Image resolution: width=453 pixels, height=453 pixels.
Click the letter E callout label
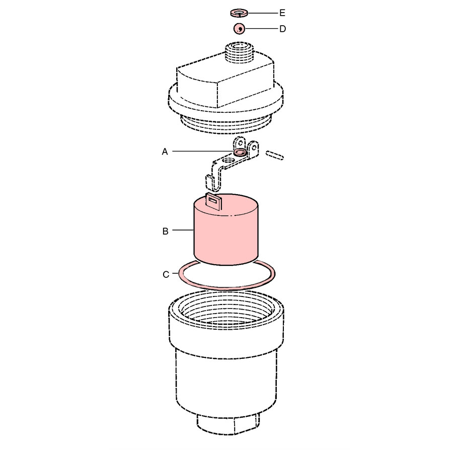pos(282,13)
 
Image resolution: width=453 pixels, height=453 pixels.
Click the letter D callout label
pos(282,29)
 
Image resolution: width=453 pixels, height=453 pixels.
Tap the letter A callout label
pos(165,152)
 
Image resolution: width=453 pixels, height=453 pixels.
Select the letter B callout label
pos(165,232)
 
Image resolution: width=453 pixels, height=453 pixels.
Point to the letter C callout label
pos(166,274)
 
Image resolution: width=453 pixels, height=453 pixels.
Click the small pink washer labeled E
pos(239,13)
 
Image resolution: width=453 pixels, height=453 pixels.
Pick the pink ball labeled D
pos(239,29)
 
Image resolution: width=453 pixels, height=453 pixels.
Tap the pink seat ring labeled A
pos(240,152)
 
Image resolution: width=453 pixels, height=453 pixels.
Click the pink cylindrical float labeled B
pos(226,231)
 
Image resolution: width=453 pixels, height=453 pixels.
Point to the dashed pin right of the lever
pos(275,155)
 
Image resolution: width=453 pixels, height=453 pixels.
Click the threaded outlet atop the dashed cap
pos(239,52)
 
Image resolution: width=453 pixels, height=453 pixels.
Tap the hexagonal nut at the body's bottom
pos(228,424)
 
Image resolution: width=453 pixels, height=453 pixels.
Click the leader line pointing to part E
pos(263,13)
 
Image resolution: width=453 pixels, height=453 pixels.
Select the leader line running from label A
pos(203,151)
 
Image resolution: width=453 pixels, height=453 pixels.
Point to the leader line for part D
pos(261,29)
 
